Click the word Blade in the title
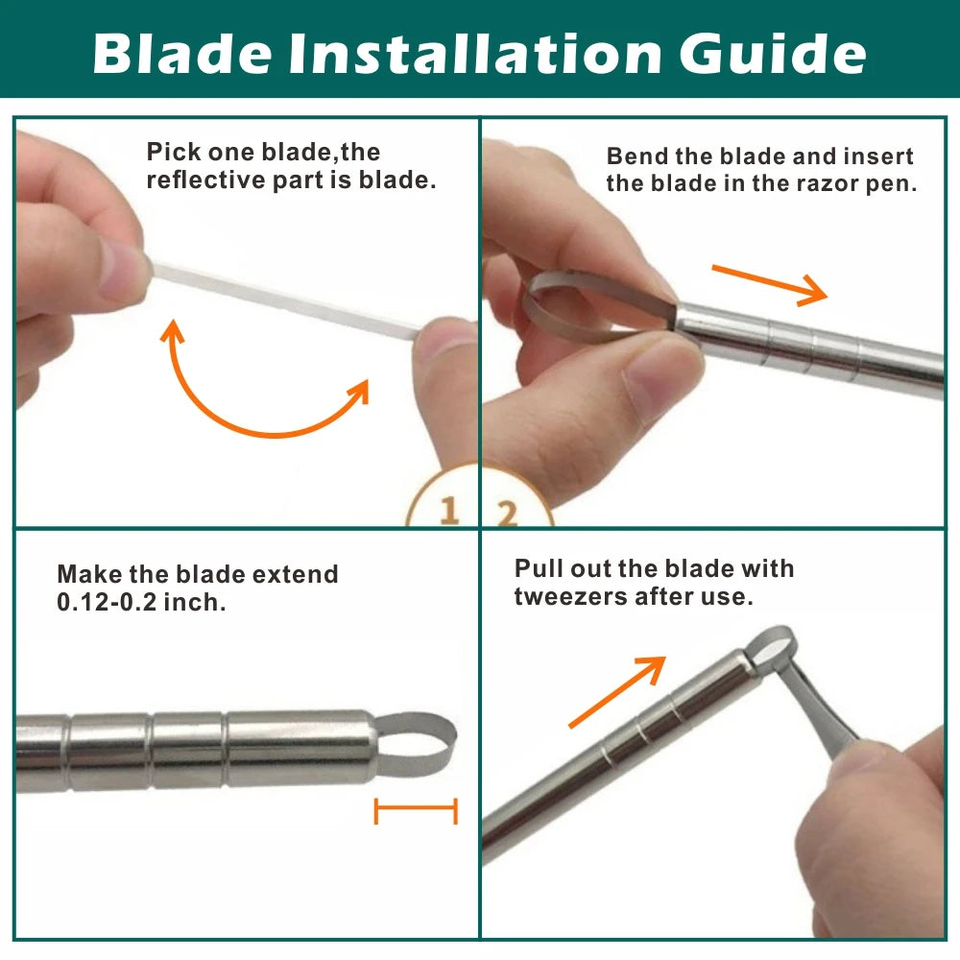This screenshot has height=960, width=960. [x=181, y=53]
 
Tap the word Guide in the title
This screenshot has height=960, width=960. [x=772, y=53]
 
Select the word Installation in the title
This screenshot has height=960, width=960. [x=474, y=53]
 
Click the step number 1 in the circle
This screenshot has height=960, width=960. [x=448, y=510]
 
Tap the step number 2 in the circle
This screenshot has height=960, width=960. [x=507, y=513]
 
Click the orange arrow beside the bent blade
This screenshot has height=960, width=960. [x=770, y=285]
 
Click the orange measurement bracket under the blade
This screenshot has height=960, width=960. [x=416, y=811]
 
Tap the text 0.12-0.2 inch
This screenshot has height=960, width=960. [x=141, y=603]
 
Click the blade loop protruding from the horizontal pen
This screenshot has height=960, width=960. [x=417, y=744]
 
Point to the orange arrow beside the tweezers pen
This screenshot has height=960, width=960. [x=617, y=692]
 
